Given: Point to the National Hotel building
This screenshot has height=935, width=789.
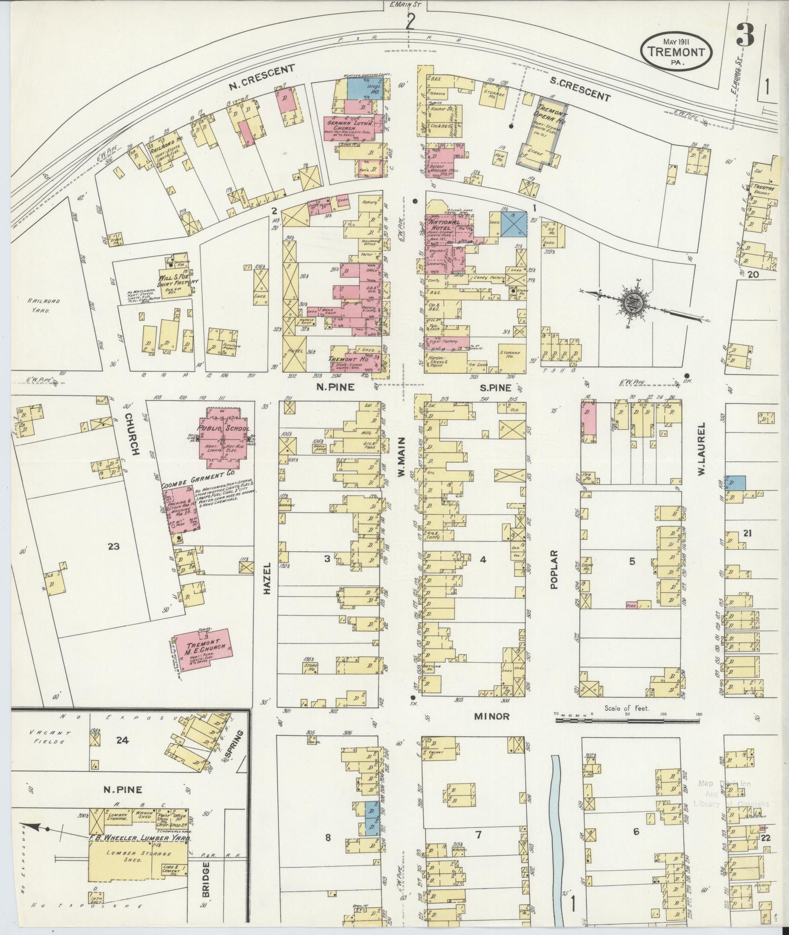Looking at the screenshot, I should click(x=445, y=230).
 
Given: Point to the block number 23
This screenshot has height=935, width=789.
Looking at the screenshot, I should click(x=113, y=546).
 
